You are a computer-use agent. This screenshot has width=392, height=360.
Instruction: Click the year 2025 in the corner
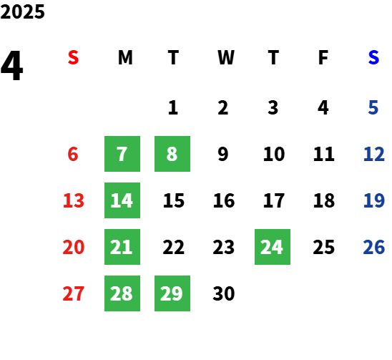pos(22,11)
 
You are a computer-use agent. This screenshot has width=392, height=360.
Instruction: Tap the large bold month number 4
pos(11,66)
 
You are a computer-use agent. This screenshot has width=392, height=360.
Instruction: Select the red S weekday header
pos(73,57)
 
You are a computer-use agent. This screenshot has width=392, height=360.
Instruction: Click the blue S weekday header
pos(373,57)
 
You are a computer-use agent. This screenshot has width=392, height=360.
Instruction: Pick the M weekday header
pos(125,57)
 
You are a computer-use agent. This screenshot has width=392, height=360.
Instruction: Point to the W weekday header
pos(226,57)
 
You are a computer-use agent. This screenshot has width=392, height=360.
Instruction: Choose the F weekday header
pos(323,57)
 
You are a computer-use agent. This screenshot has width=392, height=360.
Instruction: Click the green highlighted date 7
pos(122,154)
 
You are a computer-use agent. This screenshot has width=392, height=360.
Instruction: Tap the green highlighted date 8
pos(172,154)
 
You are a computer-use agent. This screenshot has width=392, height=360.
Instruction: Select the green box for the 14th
pos(122,200)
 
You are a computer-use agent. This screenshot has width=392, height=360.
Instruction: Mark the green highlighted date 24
pos(273,247)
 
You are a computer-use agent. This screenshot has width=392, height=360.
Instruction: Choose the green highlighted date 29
pos(172,293)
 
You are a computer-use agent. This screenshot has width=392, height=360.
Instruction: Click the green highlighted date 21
pos(122,247)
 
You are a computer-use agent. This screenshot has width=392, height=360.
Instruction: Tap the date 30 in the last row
pos(224,293)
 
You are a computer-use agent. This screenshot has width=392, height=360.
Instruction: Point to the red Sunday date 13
pos(74,200)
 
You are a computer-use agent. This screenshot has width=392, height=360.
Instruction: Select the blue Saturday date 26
pos(373,247)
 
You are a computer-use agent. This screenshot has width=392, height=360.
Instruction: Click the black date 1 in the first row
pos(173,107)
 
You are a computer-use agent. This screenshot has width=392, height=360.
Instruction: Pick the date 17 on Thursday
pos(274,200)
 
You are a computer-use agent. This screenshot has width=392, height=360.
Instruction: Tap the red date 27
pos(74,293)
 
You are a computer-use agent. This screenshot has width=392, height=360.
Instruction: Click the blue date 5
pos(373,107)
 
